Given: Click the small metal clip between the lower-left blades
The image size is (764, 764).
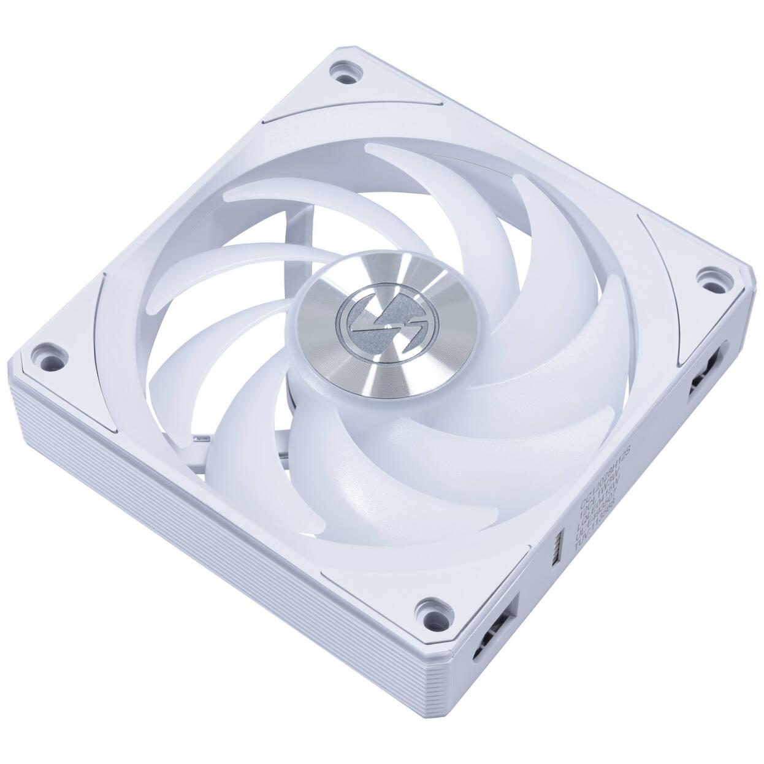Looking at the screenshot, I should click(200, 439).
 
